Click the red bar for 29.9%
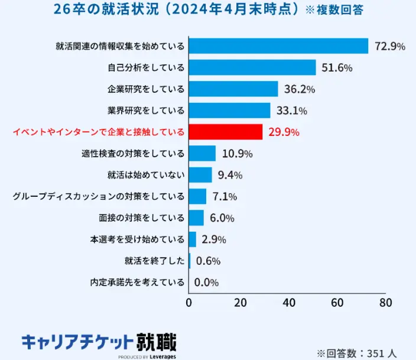point(225,132)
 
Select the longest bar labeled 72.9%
point(278,46)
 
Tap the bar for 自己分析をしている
point(252,67)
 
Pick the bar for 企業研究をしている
point(233,89)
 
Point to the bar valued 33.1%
point(229,111)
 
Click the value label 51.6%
point(337,68)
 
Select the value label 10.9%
point(237,154)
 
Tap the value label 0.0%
point(206,283)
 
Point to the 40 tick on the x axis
point(289,303)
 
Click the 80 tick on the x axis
point(385,303)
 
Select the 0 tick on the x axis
point(189,303)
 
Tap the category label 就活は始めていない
point(146,175)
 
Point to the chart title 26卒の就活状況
point(175,11)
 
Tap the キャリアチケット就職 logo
point(99,343)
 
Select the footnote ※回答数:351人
point(357,353)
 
